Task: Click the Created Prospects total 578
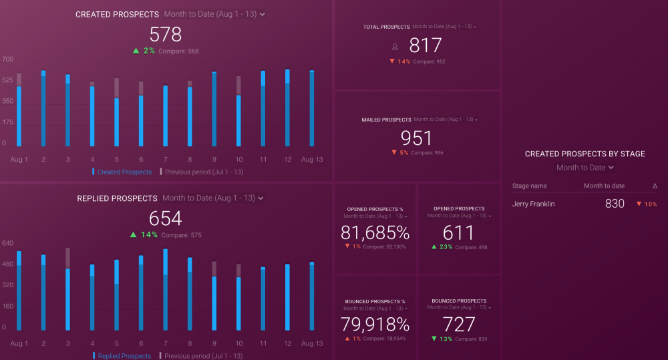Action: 165,35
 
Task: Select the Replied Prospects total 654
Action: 165,218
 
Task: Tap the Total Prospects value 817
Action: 426,45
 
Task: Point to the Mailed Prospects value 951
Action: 417,138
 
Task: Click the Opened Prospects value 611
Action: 458,232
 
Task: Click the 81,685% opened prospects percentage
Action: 375,232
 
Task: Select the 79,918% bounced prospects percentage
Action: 375,325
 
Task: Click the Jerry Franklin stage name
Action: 534,204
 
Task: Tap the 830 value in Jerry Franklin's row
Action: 615,204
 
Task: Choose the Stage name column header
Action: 530,186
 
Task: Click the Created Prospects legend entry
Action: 124,172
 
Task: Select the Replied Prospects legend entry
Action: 124,356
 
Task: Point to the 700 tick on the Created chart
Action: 7,59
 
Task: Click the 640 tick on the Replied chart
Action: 7,243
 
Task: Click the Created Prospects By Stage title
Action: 584,154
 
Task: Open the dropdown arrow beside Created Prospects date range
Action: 263,14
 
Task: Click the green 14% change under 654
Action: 148,234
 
